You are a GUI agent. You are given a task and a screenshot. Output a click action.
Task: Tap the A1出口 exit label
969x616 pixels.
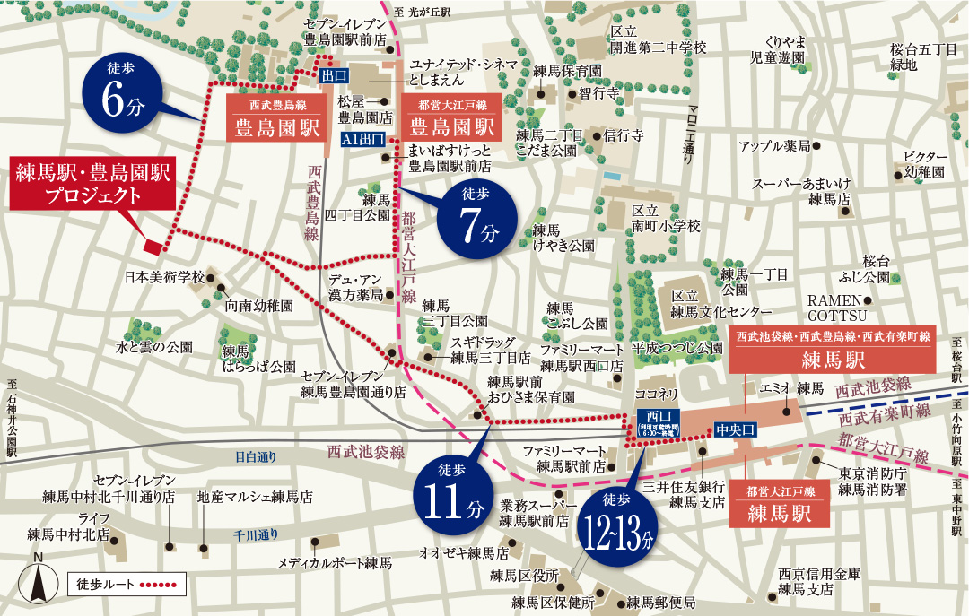tap(363, 140)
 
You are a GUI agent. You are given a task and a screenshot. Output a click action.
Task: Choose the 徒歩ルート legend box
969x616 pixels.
tap(127, 585)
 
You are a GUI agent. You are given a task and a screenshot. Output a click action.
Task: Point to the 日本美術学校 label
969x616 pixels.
tap(165, 276)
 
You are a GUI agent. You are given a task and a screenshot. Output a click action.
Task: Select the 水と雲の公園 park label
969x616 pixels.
tap(154, 346)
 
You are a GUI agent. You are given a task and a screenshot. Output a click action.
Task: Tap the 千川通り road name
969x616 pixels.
tap(255, 535)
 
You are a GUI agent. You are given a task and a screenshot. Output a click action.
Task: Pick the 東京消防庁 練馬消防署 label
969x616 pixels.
tap(874, 482)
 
